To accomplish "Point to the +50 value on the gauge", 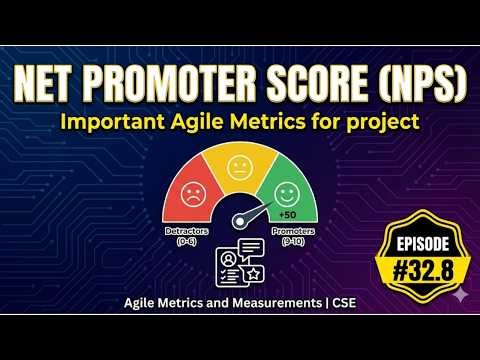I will point(287,215).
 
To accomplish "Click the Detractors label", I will point(185,231).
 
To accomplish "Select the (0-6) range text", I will point(185,240).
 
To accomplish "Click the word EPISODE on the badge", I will point(414,245).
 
